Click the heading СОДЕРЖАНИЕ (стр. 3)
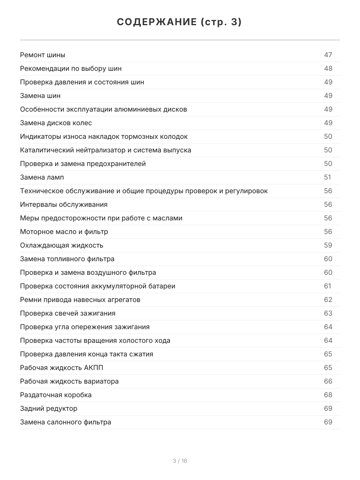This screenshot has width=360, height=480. click(x=180, y=22)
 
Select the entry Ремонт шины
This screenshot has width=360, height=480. click(x=43, y=55)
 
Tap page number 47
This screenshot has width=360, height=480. click(x=328, y=55)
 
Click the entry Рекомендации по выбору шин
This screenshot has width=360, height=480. click(x=71, y=68)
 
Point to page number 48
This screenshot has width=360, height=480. click(x=328, y=68)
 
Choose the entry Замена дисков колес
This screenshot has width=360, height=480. click(x=56, y=123)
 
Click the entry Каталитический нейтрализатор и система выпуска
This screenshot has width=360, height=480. click(x=106, y=150)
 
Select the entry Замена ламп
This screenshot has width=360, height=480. click(x=42, y=177)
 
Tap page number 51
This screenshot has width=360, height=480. click(x=328, y=177)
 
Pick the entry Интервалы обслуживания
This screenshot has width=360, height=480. click(x=64, y=204)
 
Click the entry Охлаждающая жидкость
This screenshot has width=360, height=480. click(x=62, y=245)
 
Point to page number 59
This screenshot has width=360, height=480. click(x=328, y=245)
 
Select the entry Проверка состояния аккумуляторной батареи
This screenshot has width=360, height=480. click(x=98, y=286)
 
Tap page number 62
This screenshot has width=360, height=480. click(x=328, y=300)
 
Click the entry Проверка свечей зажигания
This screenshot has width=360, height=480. click(x=68, y=313)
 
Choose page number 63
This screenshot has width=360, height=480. click(x=328, y=313)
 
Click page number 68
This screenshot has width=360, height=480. click(x=328, y=395)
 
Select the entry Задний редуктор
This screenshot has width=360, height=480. click(x=49, y=408)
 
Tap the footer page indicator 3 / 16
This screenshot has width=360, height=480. click(x=180, y=461)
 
